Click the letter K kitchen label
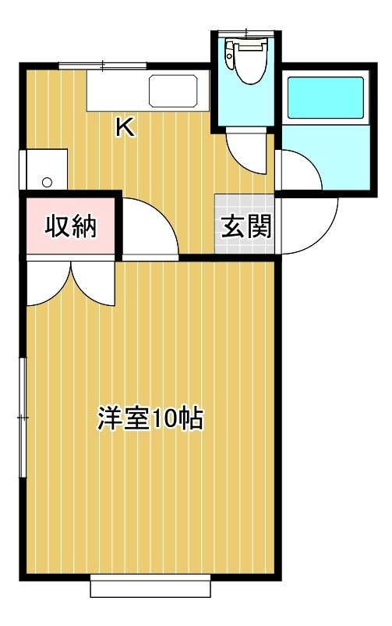(x=125, y=128)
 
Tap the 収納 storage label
(x=71, y=226)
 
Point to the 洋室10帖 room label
(x=150, y=419)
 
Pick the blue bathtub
(x=326, y=98)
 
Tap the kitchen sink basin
(x=174, y=91)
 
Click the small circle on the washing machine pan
(x=47, y=183)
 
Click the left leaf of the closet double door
(x=48, y=283)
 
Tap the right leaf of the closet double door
(x=94, y=283)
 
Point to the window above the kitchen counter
(x=103, y=66)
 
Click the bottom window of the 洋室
(x=150, y=585)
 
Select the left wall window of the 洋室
(x=23, y=418)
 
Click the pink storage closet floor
(x=71, y=226)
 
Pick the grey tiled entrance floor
(x=245, y=224)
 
